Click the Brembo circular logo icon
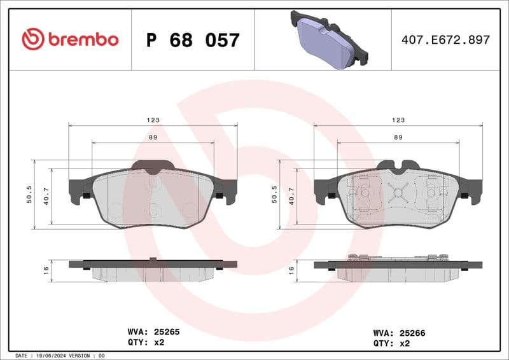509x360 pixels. tap(32, 39)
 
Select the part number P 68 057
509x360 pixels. tap(193, 40)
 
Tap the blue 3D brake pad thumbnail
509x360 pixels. tap(329, 39)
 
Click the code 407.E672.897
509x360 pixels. tap(445, 40)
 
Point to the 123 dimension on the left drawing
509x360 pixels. tap(153, 120)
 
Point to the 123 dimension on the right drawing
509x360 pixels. tap(398, 120)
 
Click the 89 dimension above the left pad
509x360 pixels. tap(153, 137)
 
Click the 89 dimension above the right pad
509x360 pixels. tap(398, 137)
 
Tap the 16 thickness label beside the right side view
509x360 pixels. tap(291, 270)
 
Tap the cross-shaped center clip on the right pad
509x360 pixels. tap(398, 193)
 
